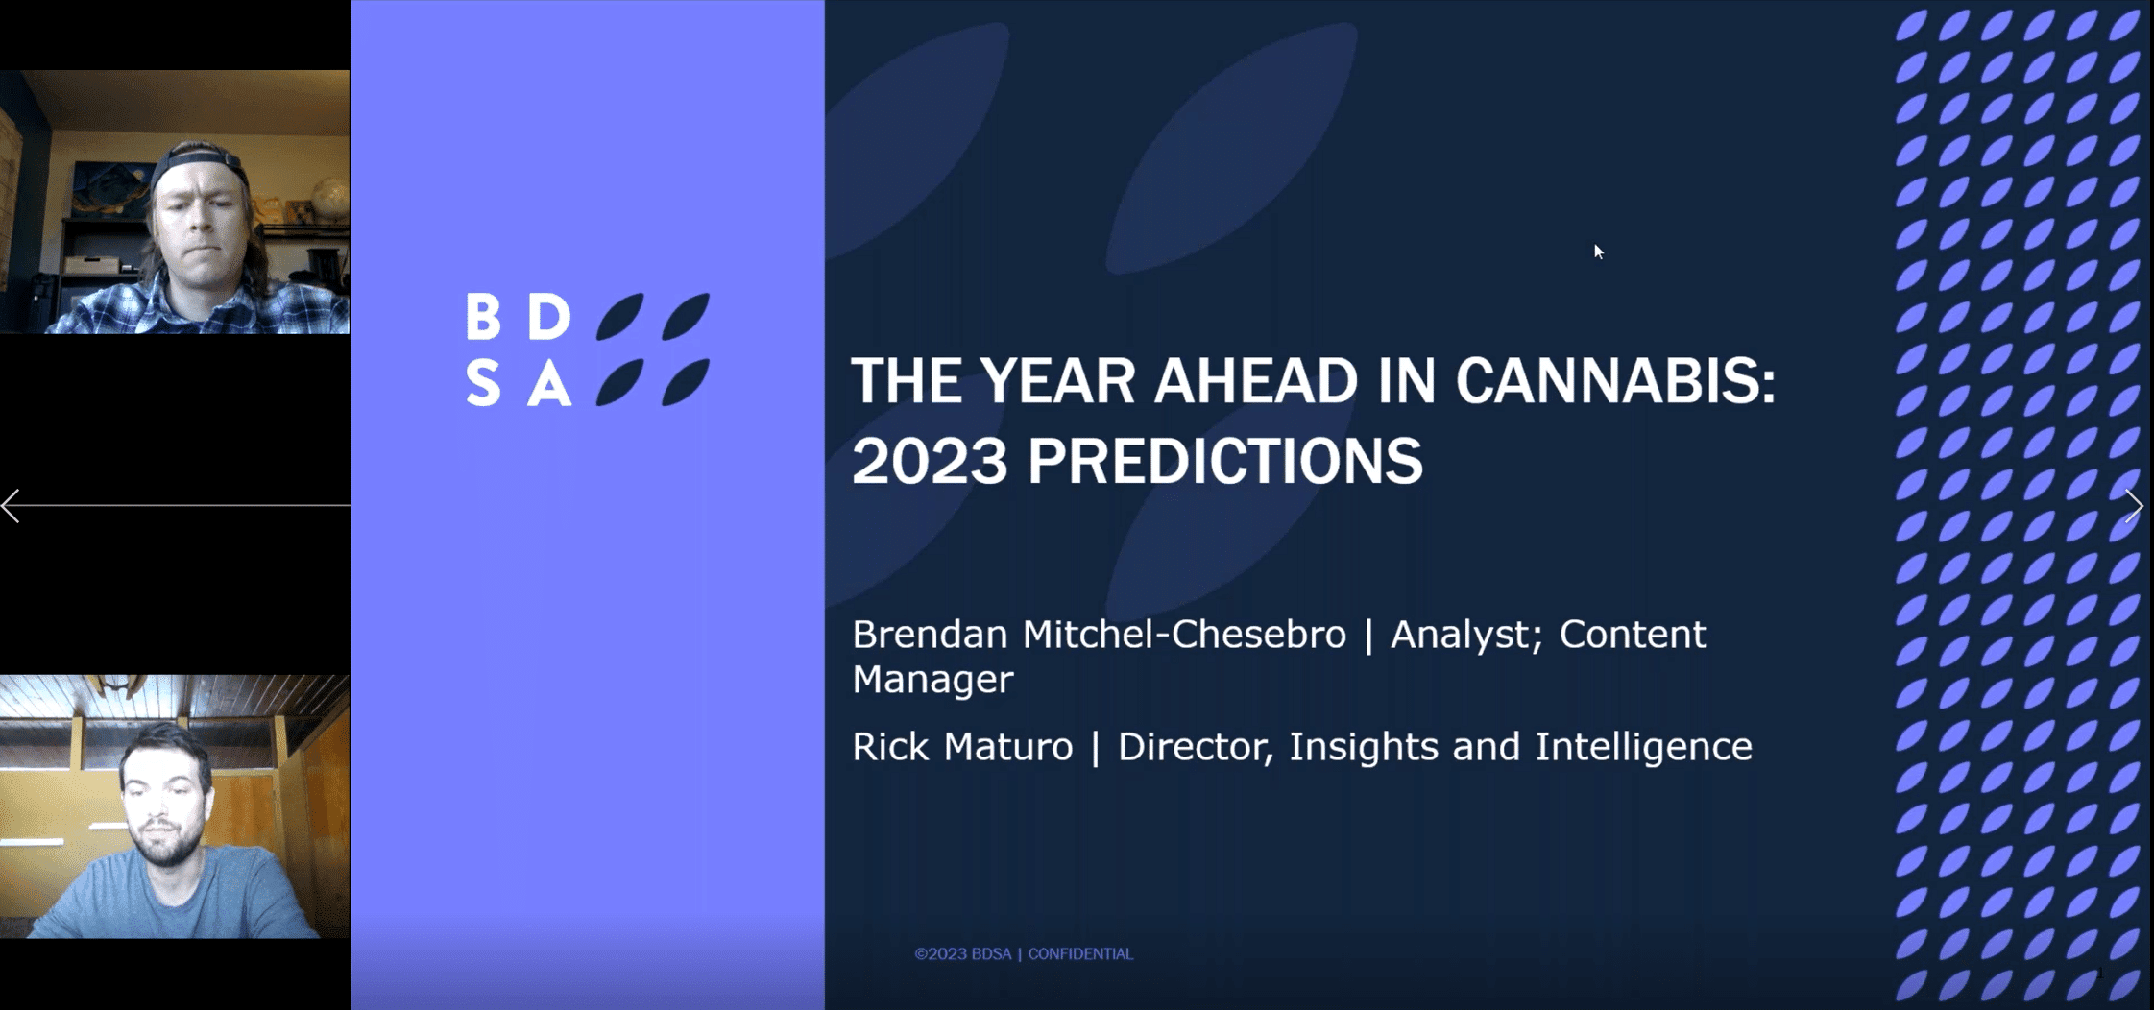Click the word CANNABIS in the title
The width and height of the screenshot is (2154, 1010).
[x=1615, y=381]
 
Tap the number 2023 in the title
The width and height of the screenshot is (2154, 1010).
[x=930, y=461]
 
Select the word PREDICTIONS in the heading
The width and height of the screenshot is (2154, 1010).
[x=1225, y=461]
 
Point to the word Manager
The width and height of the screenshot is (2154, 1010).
[x=932, y=680]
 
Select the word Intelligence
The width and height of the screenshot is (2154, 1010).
[x=1643, y=747]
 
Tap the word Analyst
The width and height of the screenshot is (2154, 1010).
[x=1466, y=636]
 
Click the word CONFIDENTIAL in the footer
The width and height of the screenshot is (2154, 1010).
[x=1080, y=953]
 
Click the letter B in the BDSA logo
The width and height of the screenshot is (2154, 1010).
[x=483, y=316]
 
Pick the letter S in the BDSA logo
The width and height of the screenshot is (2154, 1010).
[x=483, y=383]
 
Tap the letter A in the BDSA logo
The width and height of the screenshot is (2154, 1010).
[x=549, y=383]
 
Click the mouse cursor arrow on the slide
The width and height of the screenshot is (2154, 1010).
[x=1599, y=252]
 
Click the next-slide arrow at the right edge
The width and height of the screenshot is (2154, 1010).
[x=2134, y=506]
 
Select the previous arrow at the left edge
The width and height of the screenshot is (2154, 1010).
[x=11, y=506]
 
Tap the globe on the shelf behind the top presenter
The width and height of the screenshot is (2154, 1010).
[x=329, y=196]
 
